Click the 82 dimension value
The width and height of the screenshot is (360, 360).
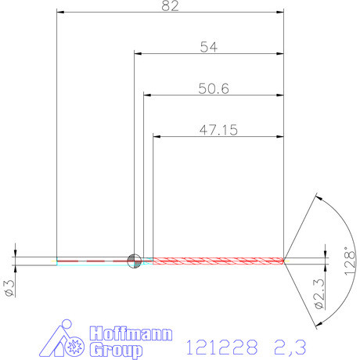[x=171, y=6]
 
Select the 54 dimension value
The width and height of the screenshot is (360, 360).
[x=208, y=47]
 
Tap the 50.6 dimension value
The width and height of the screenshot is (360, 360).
[x=213, y=89]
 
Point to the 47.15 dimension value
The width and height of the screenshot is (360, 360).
[x=218, y=131]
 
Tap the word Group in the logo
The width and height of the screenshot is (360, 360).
[x=117, y=349]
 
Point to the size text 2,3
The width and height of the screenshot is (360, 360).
[x=290, y=345]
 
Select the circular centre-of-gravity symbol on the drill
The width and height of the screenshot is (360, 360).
[x=134, y=260]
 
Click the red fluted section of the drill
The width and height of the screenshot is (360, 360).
[x=219, y=260]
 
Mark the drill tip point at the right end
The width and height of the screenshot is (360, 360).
[x=285, y=260]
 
